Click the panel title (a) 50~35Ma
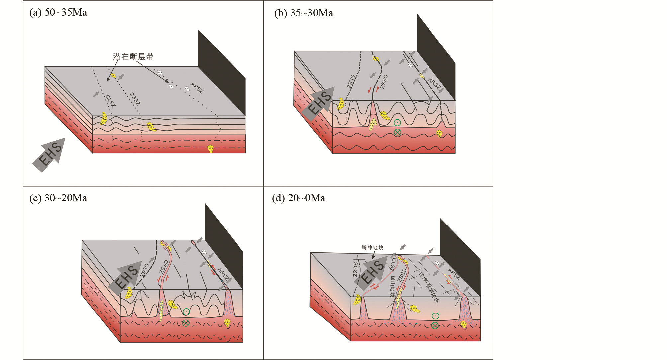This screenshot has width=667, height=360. [58, 13]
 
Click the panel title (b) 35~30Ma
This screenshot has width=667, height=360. [303, 13]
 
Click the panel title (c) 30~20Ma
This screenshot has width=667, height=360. [58, 198]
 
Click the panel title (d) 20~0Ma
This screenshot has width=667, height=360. [298, 198]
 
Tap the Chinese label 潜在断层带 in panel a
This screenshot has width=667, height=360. [133, 57]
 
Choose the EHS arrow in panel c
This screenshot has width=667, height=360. [127, 277]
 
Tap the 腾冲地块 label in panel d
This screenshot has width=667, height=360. [372, 248]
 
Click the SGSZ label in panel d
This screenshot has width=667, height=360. [355, 269]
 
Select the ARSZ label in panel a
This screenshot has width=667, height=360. [197, 88]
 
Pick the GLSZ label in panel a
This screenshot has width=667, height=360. [110, 101]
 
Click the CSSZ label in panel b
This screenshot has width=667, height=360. [384, 82]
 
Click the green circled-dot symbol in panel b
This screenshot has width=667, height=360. [397, 122]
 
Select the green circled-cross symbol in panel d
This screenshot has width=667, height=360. [435, 326]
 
